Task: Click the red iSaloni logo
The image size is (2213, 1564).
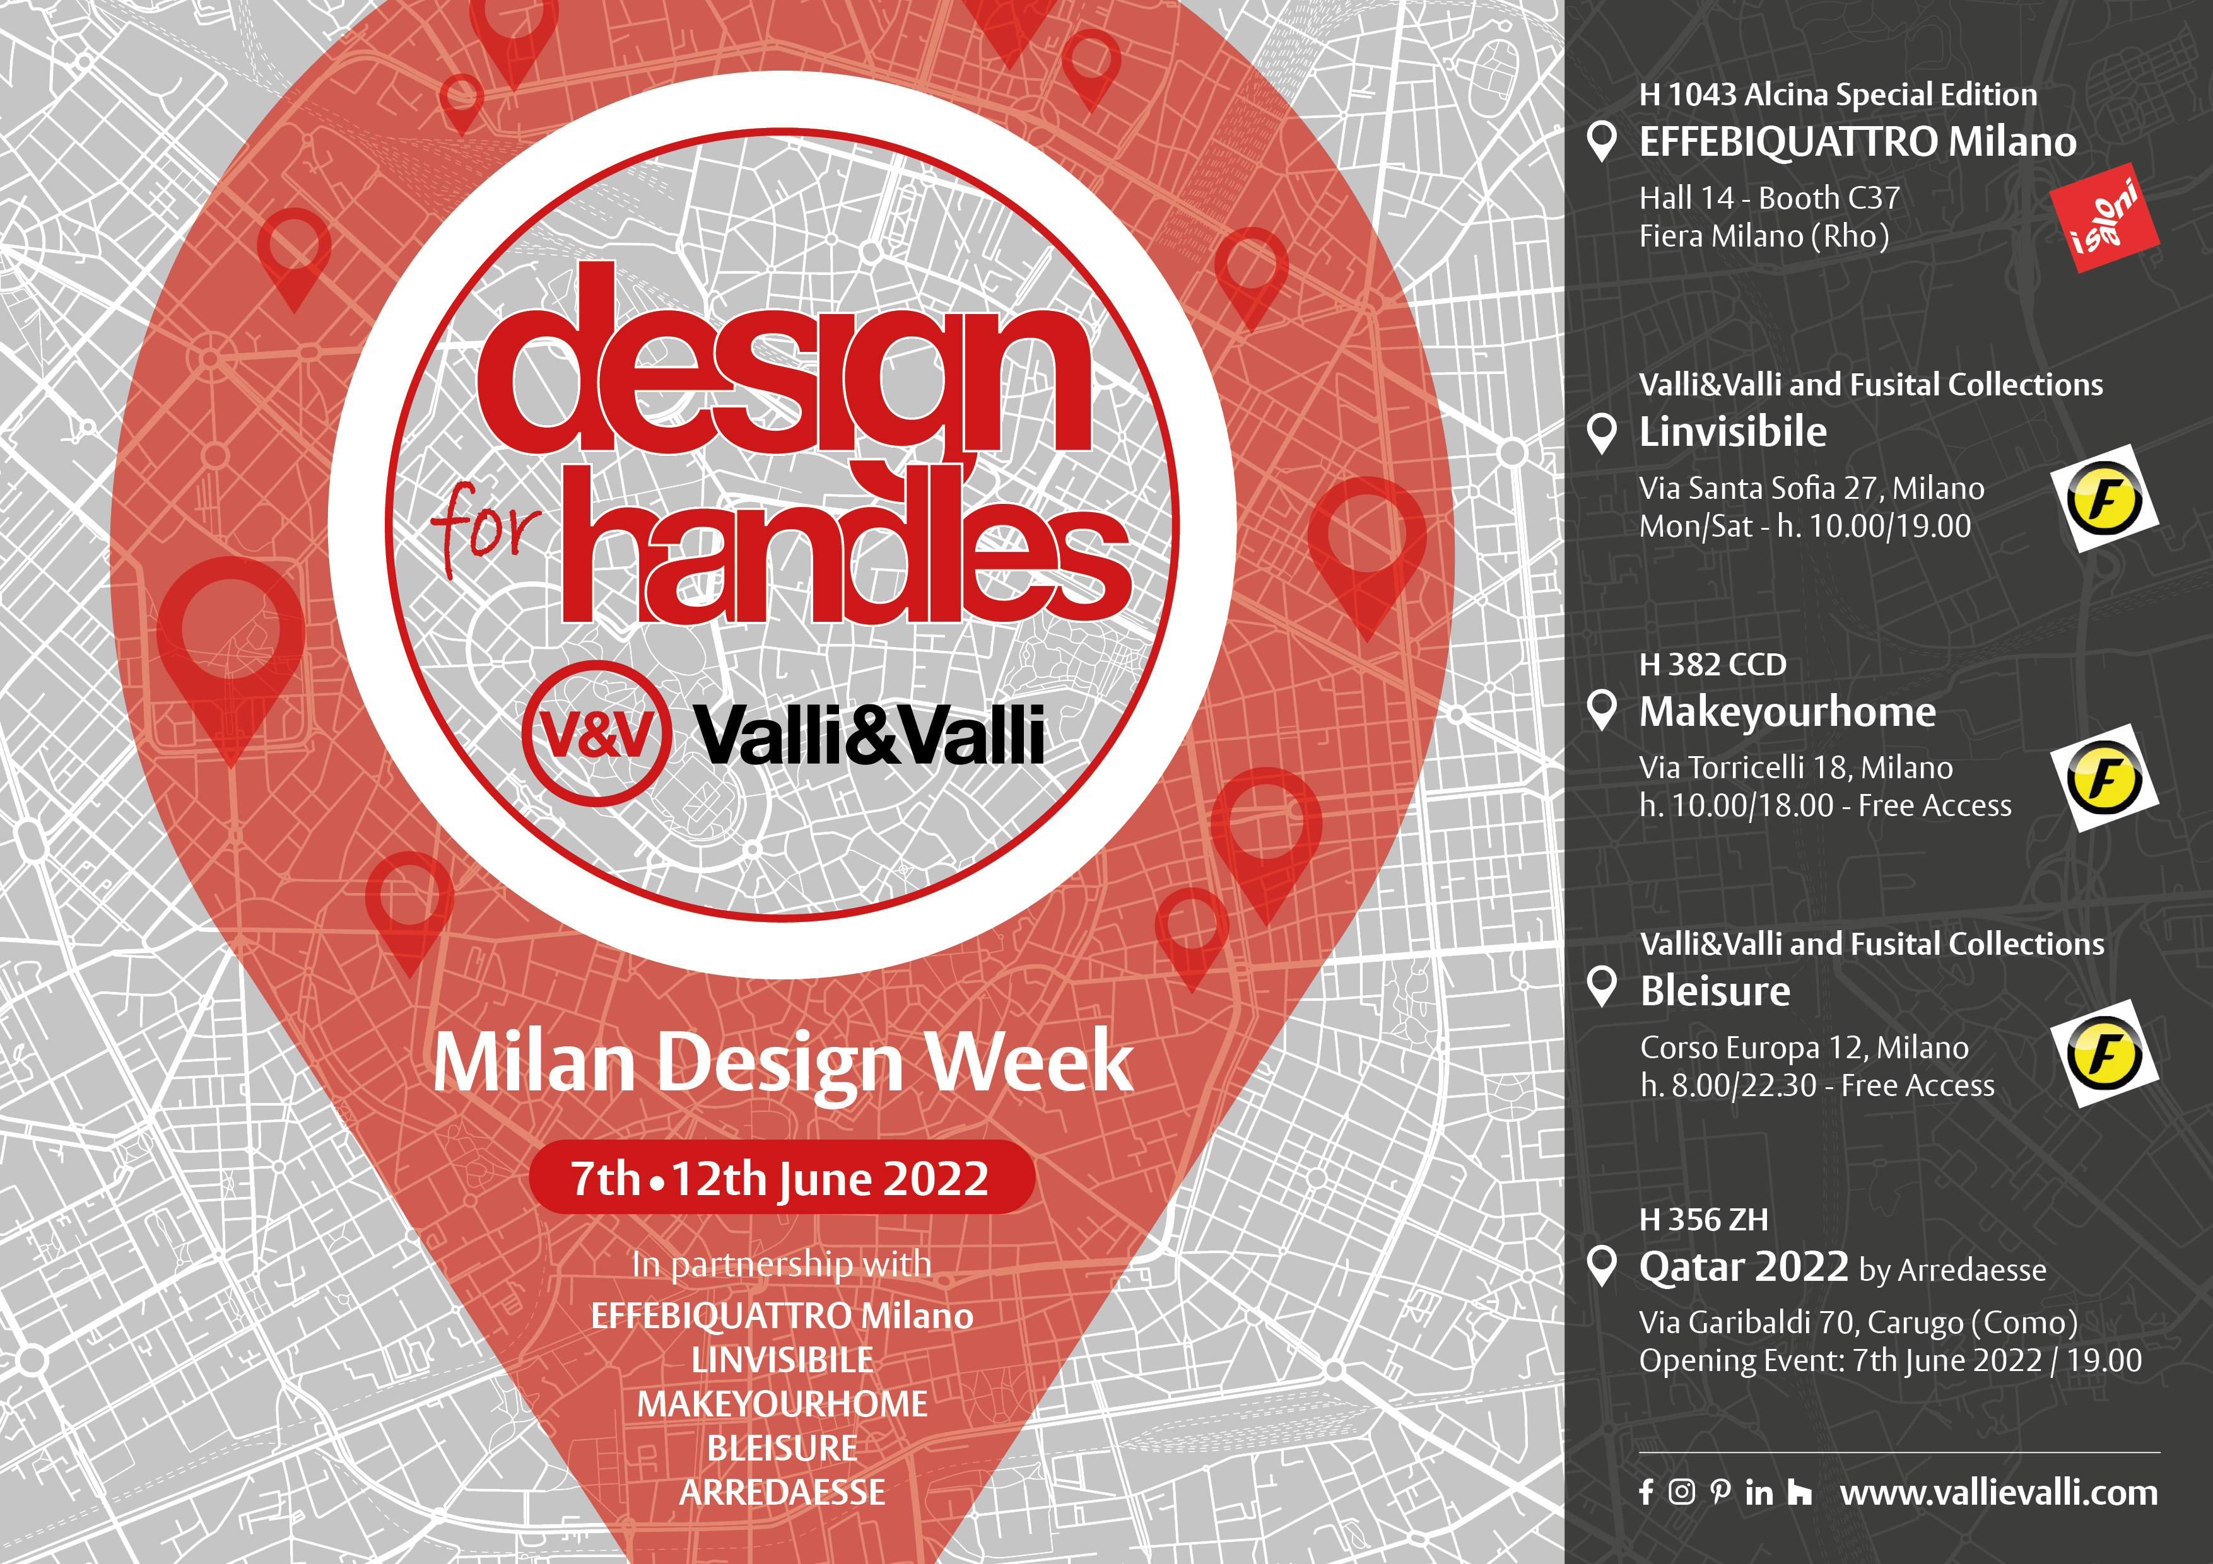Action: tap(2104, 219)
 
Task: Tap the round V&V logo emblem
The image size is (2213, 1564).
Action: tap(597, 733)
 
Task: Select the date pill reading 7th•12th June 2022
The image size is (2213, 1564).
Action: tap(782, 1177)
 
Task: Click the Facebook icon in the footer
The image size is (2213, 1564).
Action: tap(1647, 1493)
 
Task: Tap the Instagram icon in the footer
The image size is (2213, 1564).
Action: tap(1681, 1493)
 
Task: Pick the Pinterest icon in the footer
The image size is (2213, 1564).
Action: tap(1720, 1493)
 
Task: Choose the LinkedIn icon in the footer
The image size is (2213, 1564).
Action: tap(1759, 1493)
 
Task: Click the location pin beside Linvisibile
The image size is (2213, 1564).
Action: tap(1601, 434)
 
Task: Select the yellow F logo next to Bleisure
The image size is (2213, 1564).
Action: tap(2104, 1053)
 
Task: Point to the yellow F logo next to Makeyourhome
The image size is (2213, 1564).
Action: tap(2104, 778)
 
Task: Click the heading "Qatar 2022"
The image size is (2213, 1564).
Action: tap(1744, 1266)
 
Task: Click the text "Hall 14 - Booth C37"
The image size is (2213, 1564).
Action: tap(1770, 197)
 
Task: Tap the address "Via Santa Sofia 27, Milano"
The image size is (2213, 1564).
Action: tap(1811, 489)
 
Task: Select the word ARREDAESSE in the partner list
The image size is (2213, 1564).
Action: tap(782, 1491)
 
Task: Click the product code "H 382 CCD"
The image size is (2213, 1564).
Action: tap(1713, 664)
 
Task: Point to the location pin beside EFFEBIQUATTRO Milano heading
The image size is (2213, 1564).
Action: tap(1601, 142)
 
